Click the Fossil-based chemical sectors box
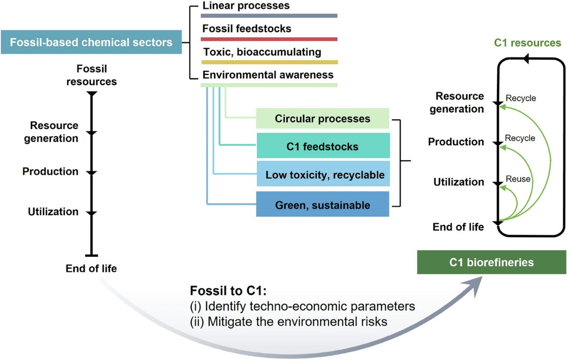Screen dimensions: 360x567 pyautogui.click(x=91, y=42)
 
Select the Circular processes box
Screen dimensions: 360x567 pyautogui.click(x=323, y=119)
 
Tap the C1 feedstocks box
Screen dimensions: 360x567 pyautogui.click(x=323, y=146)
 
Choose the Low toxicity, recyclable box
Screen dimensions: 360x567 pyautogui.click(x=323, y=175)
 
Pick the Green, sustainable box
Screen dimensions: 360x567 pyautogui.click(x=323, y=205)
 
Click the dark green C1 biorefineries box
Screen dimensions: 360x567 pyautogui.click(x=491, y=263)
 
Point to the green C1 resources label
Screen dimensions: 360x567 pyautogui.click(x=527, y=43)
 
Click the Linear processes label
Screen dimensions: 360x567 pyautogui.click(x=246, y=6)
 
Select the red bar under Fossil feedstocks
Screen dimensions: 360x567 pyautogui.click(x=269, y=39)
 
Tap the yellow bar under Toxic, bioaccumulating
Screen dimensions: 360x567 pyautogui.click(x=269, y=62)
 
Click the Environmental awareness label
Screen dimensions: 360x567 pyautogui.click(x=268, y=75)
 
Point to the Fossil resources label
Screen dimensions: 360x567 pyautogui.click(x=91, y=75)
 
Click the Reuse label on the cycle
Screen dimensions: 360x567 pyautogui.click(x=518, y=179)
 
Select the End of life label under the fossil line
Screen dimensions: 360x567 pyautogui.click(x=91, y=268)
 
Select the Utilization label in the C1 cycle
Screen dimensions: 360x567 pyautogui.click(x=459, y=182)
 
